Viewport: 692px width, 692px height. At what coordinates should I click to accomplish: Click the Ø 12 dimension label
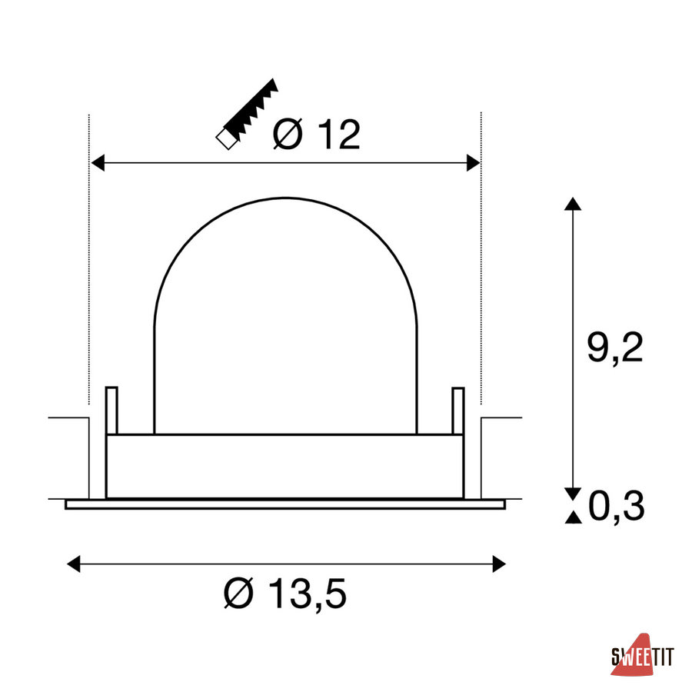click(317, 134)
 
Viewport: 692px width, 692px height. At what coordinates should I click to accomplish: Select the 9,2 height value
click(615, 348)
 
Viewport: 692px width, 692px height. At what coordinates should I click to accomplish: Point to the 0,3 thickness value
click(617, 506)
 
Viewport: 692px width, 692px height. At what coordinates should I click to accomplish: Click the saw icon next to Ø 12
click(247, 114)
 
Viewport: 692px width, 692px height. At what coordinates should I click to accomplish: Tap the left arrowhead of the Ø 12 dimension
click(98, 163)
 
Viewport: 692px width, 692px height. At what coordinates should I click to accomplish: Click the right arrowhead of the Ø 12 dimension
click(473, 163)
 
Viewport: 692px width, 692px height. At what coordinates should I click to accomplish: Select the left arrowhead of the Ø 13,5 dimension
click(73, 564)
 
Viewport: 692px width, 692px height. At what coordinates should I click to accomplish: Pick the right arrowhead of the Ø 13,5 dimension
click(499, 564)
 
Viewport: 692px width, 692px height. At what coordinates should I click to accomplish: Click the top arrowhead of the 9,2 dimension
click(573, 204)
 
